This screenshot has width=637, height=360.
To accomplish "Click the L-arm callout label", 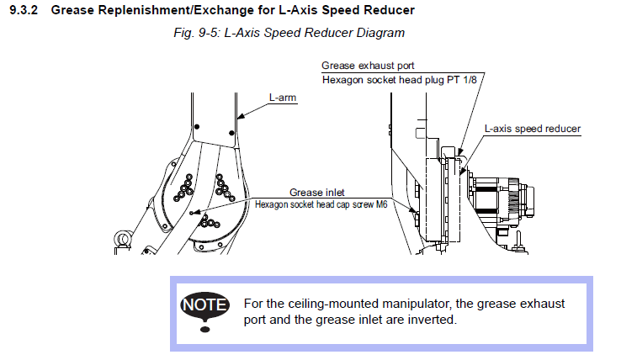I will pyautogui.click(x=283, y=98).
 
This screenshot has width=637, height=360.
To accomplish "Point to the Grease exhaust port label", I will pyautogui.click(x=367, y=66).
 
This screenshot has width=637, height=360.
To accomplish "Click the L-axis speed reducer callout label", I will pyautogui.click(x=532, y=129).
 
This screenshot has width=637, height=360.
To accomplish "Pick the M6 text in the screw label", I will pyautogui.click(x=378, y=204).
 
